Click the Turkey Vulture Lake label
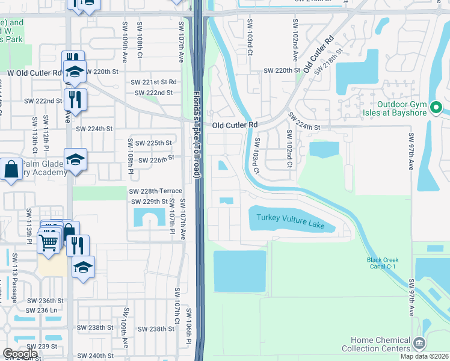point(291,221)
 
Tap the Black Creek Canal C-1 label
point(383,264)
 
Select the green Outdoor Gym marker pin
point(438,108)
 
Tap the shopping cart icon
point(48,242)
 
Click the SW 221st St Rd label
point(155,82)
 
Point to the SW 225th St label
point(153,143)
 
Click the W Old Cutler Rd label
point(34,73)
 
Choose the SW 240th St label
point(96,356)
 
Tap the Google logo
point(20,353)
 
